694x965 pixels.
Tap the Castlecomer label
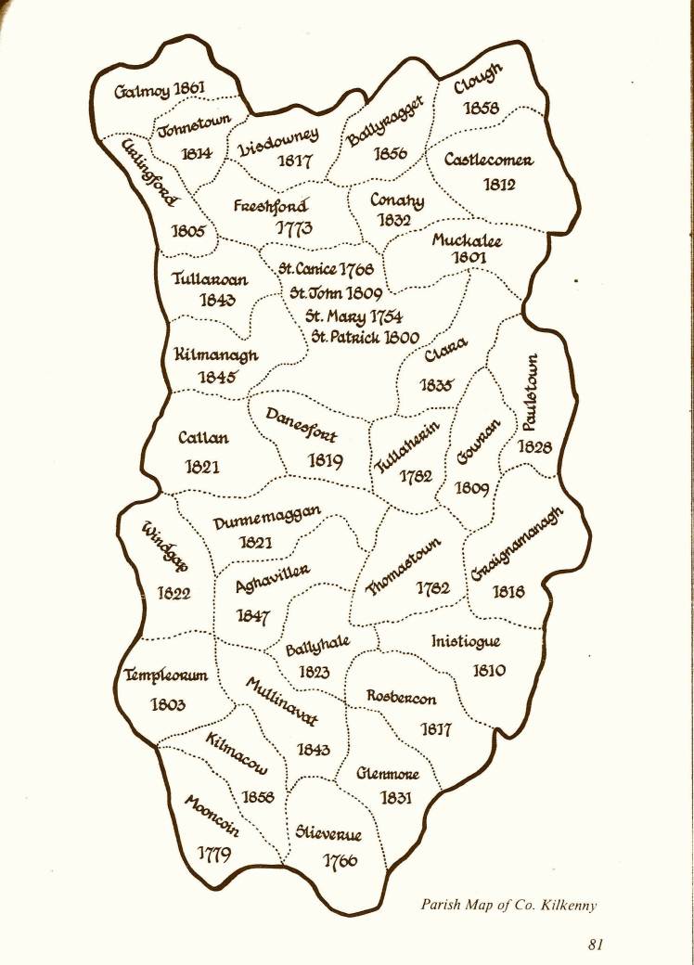click(x=488, y=160)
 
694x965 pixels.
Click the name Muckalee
click(x=467, y=241)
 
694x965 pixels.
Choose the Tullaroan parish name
click(x=209, y=277)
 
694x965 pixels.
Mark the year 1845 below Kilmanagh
click(x=218, y=377)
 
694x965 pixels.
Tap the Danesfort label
click(x=302, y=427)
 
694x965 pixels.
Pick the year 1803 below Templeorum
click(x=168, y=704)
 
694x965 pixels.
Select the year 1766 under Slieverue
click(x=340, y=860)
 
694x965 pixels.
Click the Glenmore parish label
click(x=388, y=773)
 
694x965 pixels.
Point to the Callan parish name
click(x=202, y=439)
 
